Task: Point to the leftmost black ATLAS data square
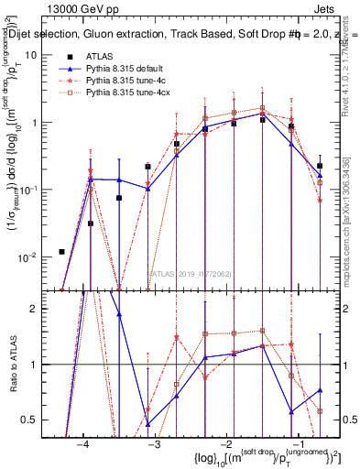(61, 252)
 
